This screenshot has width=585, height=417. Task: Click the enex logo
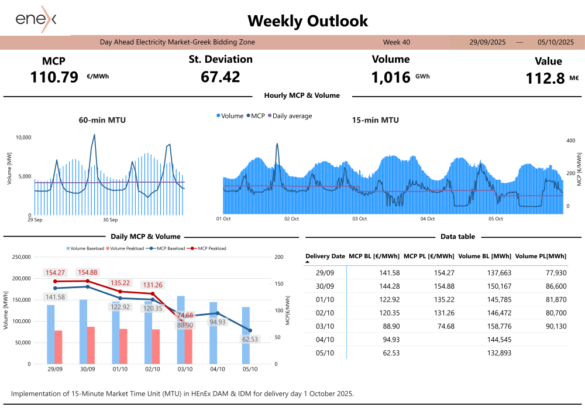click(36, 20)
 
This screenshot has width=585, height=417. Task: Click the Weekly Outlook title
click(308, 21)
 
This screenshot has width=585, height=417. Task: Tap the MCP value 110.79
click(54, 77)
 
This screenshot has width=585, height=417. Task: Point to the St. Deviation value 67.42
click(220, 77)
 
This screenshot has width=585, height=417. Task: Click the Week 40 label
click(397, 42)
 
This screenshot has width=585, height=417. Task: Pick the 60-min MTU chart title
click(102, 121)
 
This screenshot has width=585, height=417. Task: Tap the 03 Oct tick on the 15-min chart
click(359, 219)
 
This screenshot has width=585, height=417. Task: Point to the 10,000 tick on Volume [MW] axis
click(22, 138)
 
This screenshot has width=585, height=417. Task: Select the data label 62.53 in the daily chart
click(250, 339)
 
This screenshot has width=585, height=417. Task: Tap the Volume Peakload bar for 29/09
click(58, 347)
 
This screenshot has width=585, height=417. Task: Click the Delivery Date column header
click(325, 256)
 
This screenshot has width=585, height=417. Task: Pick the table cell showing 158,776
click(499, 326)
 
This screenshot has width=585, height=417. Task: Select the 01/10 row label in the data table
click(325, 300)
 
